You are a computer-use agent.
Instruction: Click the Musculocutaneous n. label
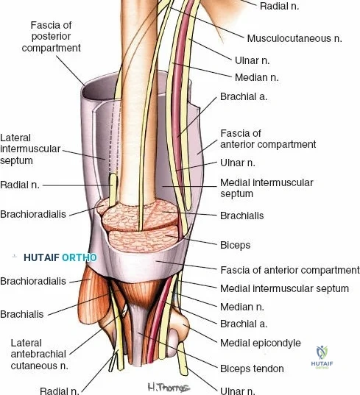tap(294, 38)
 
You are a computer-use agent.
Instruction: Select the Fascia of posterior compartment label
tap(52, 37)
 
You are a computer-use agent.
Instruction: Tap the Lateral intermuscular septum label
tap(30, 149)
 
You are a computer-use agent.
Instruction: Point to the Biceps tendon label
tap(252, 369)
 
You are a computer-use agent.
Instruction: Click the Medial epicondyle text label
tap(261, 343)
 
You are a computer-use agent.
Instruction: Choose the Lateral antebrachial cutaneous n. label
tap(39, 355)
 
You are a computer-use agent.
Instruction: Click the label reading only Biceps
tap(235, 245)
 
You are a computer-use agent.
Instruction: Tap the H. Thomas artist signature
tap(169, 387)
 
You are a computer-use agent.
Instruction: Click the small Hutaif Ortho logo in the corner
tap(322, 357)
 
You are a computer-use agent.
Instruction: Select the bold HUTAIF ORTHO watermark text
tap(60, 257)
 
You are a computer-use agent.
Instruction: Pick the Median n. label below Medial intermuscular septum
tap(242, 307)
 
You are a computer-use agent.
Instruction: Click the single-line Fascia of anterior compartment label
tap(290, 270)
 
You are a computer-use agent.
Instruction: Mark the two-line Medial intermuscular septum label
tap(267, 188)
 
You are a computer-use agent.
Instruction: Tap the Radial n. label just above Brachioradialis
tap(20, 185)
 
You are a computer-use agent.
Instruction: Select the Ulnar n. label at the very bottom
tap(238, 391)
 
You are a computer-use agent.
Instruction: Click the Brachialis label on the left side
tap(22, 314)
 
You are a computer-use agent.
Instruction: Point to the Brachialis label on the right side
tap(242, 216)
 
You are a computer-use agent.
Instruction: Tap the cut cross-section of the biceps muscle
tap(144, 239)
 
